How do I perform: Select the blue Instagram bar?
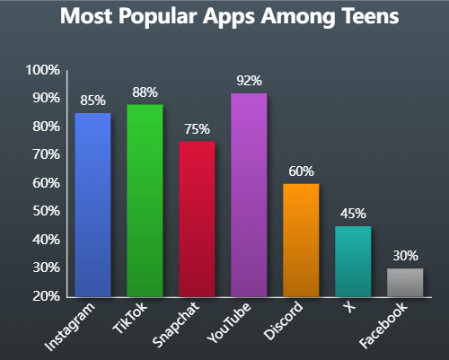pyautogui.click(x=92, y=205)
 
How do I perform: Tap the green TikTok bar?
pyautogui.click(x=145, y=200)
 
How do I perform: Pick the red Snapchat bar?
pyautogui.click(x=197, y=219)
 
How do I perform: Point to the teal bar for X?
pyautogui.click(x=353, y=261)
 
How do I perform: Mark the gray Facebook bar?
pyautogui.click(x=405, y=282)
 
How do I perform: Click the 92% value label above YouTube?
pyautogui.click(x=249, y=81)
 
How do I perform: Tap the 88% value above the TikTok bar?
pyautogui.click(x=145, y=92)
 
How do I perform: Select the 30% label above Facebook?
pyautogui.click(x=405, y=255)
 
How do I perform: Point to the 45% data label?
pyautogui.click(x=353, y=213)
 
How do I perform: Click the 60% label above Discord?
pyautogui.click(x=301, y=171)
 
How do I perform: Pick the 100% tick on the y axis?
pyautogui.click(x=42, y=70)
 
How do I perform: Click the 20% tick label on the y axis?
pyautogui.click(x=45, y=296)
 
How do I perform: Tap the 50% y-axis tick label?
pyautogui.click(x=45, y=211)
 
